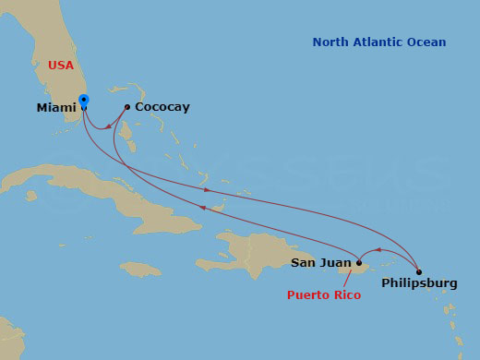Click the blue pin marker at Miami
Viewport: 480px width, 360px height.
(84, 100)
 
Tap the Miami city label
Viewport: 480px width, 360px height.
(56, 108)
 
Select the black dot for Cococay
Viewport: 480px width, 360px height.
(126, 107)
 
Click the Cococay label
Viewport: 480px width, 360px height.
(162, 107)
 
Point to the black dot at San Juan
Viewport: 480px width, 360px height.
(359, 263)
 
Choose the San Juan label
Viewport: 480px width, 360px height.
(320, 263)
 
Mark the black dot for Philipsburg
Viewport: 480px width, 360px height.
(419, 272)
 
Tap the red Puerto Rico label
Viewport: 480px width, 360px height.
(323, 295)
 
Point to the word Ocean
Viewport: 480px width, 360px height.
(428, 42)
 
